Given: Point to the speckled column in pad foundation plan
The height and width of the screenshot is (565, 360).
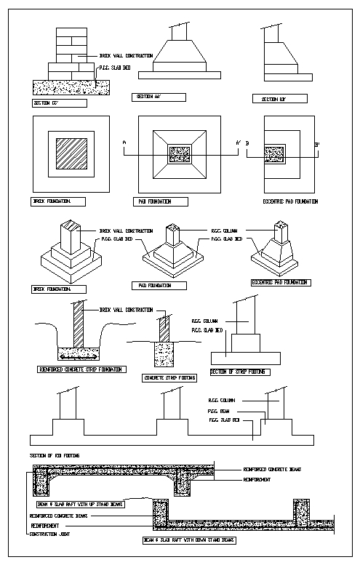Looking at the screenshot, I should coord(178,154).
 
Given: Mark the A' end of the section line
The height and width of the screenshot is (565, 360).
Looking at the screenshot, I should coord(238,143).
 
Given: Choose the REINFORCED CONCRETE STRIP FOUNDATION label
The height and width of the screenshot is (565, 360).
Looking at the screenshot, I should coord(80,369).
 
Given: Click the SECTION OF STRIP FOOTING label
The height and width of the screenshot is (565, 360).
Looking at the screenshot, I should coord(239,372).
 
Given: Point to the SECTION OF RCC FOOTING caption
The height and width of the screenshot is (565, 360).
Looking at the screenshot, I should coord(55,455).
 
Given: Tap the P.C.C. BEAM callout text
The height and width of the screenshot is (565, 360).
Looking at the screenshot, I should coord(220,410).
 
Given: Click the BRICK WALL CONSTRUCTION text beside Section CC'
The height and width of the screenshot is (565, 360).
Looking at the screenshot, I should coord(125,55).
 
